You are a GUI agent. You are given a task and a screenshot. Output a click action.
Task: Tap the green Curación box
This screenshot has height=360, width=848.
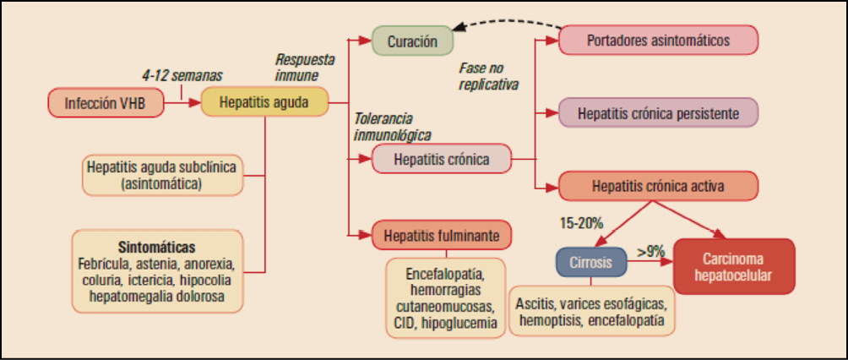(413, 41)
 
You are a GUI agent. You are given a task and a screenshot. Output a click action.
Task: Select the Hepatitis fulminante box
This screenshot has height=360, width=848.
(441, 233)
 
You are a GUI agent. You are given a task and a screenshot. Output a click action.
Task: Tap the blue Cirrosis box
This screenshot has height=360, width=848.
(590, 262)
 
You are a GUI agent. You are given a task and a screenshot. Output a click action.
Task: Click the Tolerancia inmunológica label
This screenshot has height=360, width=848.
(391, 126)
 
